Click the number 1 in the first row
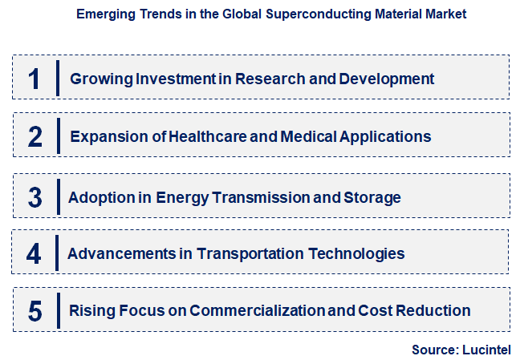pyautogui.click(x=34, y=78)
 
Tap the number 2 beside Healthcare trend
pyautogui.click(x=35, y=136)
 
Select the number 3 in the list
pyautogui.click(x=35, y=197)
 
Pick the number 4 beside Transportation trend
pyautogui.click(x=34, y=254)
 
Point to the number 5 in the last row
pyautogui.click(x=34, y=310)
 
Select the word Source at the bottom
pyautogui.click(x=433, y=350)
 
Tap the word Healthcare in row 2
pyautogui.click(x=207, y=137)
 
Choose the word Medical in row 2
pyautogui.click(x=306, y=137)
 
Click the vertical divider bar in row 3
pyautogui.click(x=59, y=197)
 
